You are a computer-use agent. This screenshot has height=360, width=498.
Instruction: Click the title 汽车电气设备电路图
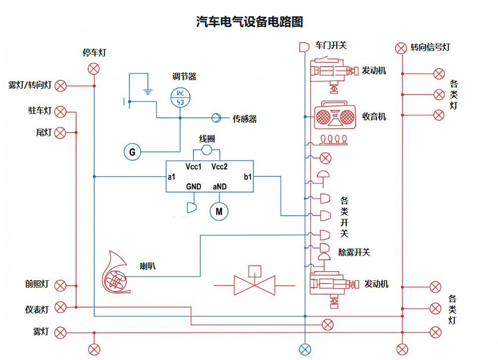249,22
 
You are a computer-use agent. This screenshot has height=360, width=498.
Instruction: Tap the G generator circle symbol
132,152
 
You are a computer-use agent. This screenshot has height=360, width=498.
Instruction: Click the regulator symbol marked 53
180,97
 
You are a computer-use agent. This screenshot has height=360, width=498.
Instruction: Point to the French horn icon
116,273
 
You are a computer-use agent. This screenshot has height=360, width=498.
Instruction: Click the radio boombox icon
335,116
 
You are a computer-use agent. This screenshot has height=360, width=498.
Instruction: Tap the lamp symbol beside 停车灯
94,69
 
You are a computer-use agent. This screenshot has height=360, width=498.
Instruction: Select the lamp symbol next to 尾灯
60,132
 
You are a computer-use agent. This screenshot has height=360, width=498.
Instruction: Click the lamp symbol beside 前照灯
60,286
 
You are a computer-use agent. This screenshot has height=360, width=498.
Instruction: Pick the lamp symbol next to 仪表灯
60,307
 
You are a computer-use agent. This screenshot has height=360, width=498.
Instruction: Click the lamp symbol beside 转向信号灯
401,48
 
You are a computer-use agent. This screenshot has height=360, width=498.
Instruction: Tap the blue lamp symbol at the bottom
305,349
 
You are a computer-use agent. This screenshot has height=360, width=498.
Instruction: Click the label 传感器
245,119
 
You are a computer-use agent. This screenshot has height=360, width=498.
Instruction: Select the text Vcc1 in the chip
193,166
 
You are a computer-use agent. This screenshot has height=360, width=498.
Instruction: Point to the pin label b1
248,176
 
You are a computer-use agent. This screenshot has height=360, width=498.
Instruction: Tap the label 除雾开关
354,252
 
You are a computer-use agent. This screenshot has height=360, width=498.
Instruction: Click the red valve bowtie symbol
254,284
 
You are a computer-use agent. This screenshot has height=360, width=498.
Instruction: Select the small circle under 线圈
207,150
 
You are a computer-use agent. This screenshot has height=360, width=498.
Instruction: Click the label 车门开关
331,46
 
